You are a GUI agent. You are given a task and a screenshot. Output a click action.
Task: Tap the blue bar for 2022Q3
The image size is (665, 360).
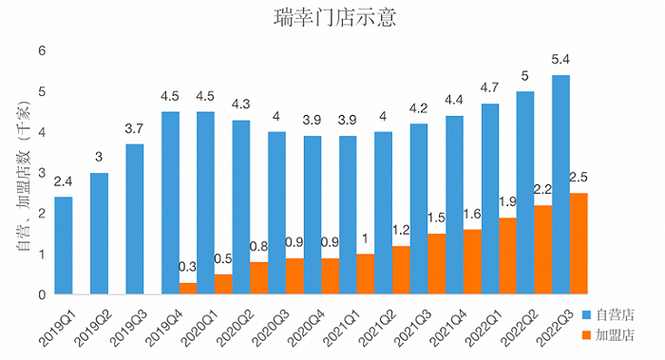(x=561, y=185)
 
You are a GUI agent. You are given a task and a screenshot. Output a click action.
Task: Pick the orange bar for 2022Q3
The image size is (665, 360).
(x=579, y=244)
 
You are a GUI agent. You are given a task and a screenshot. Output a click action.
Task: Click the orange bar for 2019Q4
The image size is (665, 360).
(x=188, y=289)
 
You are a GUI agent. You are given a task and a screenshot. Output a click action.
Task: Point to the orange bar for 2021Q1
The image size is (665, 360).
(x=366, y=275)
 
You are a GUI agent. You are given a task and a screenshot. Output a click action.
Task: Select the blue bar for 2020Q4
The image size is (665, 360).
(x=313, y=216)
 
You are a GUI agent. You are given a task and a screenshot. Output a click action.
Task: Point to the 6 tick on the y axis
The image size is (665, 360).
(x=42, y=51)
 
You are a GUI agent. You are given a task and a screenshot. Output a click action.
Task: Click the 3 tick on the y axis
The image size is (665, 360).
(x=42, y=173)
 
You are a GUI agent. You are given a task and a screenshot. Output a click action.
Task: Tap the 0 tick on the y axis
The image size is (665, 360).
(x=42, y=295)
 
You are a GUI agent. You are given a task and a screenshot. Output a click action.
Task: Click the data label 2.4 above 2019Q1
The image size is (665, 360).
(x=64, y=181)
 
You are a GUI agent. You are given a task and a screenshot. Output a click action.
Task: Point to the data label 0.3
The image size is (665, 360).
(x=188, y=269)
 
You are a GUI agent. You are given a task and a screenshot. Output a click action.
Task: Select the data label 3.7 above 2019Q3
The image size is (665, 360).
(x=135, y=128)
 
